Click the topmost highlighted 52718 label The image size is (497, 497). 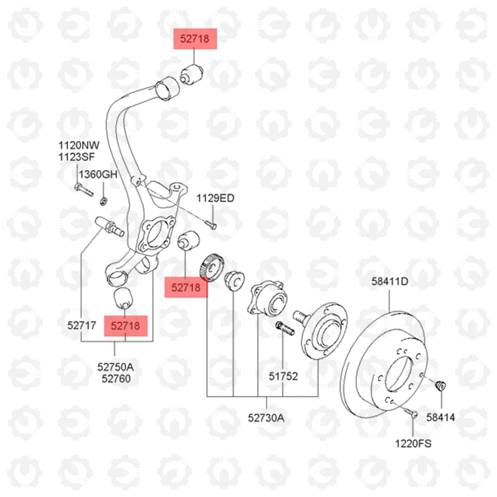pos(195,39)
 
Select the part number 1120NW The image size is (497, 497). pos(79,146)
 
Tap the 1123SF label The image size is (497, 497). pos(77,157)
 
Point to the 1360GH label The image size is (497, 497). pos(98,174)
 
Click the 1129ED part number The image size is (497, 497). pos(216,198)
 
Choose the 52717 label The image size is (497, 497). pos(82,325)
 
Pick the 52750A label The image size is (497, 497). pos(115,367)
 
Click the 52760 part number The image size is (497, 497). pos(116,378)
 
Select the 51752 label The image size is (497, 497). pos(283,376)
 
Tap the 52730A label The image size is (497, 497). pos(266,418)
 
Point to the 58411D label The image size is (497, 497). pos(390,281)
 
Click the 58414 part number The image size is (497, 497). pos(440,417)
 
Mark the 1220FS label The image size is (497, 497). pos(413,443)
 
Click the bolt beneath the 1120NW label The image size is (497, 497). pos(83,190)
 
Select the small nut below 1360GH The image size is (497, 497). pos(103,201)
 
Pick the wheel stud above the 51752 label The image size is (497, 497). pos(285,329)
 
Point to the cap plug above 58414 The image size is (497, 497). pos(441,386)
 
